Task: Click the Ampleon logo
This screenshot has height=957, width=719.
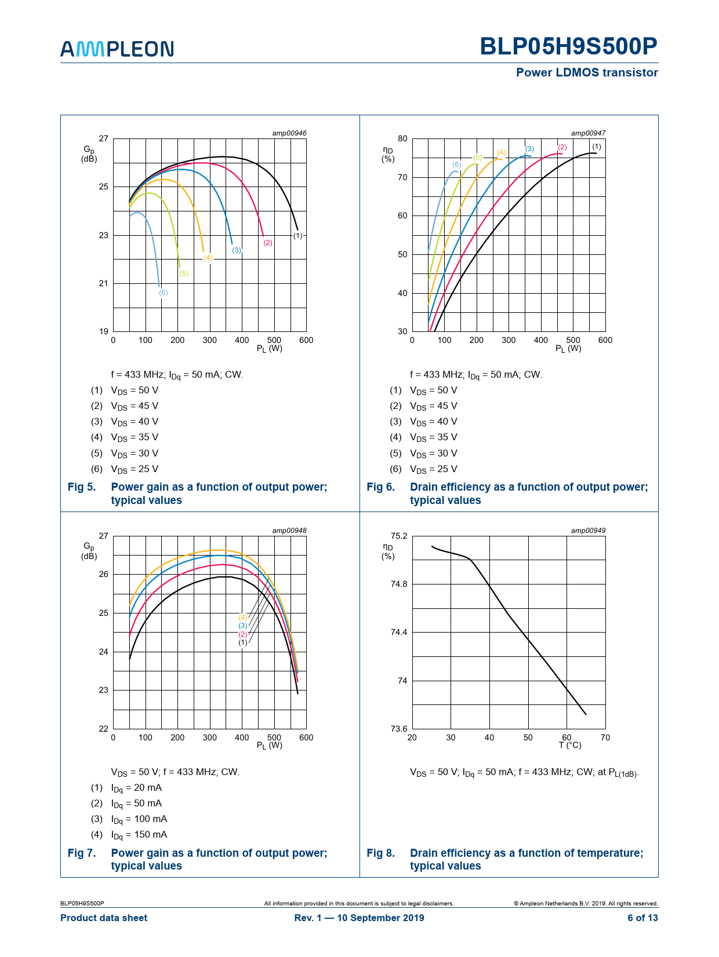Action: click(x=117, y=49)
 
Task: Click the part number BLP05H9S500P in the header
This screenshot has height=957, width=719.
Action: click(x=568, y=46)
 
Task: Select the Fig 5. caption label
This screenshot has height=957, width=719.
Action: click(x=82, y=487)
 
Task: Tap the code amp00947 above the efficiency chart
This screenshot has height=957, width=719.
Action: click(x=588, y=133)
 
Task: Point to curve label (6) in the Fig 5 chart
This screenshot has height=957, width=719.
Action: click(x=164, y=293)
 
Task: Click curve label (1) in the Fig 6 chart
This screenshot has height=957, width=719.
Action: click(x=597, y=147)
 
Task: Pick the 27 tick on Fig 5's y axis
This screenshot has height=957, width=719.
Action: click(x=103, y=138)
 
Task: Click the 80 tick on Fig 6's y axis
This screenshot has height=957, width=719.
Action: click(x=402, y=138)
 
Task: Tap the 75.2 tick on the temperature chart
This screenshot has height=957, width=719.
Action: click(x=399, y=536)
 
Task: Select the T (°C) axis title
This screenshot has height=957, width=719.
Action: click(x=570, y=745)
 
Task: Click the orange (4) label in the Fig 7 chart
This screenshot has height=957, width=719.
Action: click(x=243, y=618)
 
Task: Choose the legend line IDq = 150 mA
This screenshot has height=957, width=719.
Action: click(x=139, y=835)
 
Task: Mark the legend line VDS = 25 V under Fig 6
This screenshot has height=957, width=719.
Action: click(x=433, y=469)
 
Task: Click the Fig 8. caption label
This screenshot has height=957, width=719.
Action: click(x=380, y=853)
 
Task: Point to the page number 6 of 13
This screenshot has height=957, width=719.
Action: click(x=642, y=918)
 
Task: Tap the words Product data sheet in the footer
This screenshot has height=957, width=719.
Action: click(x=104, y=918)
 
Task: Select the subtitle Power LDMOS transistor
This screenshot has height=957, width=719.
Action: click(x=587, y=72)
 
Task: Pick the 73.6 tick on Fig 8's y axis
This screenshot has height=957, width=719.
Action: click(x=399, y=729)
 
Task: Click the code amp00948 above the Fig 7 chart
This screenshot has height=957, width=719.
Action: click(x=289, y=531)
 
